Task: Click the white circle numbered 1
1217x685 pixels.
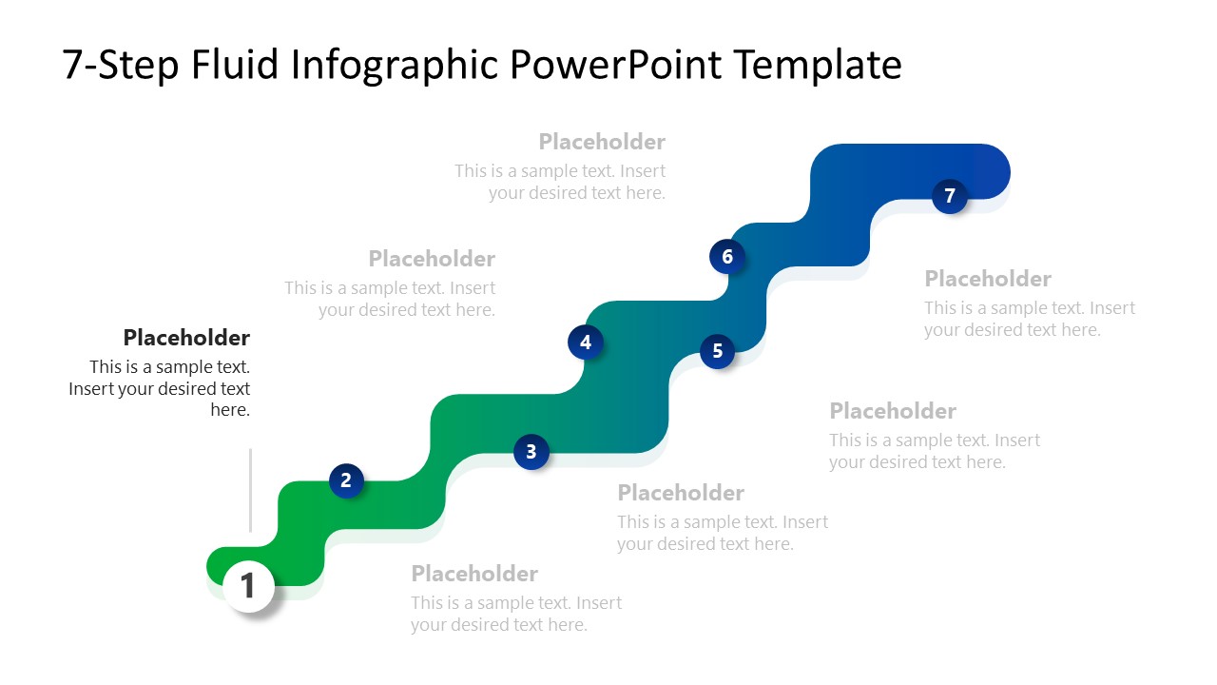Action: [x=248, y=585]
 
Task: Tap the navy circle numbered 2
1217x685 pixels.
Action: [x=346, y=480]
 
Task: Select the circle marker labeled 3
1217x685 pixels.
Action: [x=531, y=451]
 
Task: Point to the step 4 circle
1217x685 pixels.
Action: [x=586, y=342]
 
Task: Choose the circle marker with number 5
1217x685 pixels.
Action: [x=718, y=351]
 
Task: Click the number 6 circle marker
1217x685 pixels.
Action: [x=727, y=256]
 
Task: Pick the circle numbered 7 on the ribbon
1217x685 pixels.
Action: [x=949, y=196]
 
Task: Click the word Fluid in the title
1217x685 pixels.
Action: [x=235, y=65]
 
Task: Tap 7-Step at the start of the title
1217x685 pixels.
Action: [x=121, y=65]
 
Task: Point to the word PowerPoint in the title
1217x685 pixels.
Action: [x=618, y=65]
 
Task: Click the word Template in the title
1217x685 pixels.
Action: [x=818, y=65]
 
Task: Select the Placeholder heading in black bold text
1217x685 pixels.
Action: [x=186, y=338]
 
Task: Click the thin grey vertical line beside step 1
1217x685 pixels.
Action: [x=250, y=490]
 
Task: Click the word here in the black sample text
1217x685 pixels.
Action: [x=229, y=410]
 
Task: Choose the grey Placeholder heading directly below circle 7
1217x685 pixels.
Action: [x=987, y=279]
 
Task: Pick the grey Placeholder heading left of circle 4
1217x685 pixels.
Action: [x=432, y=259]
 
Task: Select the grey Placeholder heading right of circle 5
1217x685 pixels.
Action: [x=892, y=411]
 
